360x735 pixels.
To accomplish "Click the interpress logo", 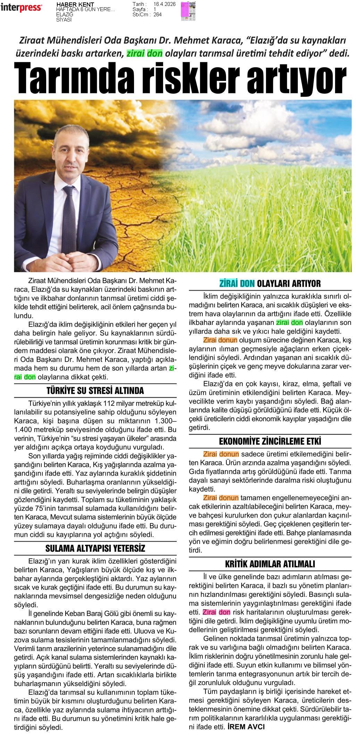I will (21, 8).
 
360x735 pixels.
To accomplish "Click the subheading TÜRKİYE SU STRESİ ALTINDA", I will (95, 391).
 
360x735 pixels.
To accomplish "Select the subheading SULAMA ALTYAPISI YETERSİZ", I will (95, 548).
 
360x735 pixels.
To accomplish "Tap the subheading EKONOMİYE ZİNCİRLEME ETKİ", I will (270, 441).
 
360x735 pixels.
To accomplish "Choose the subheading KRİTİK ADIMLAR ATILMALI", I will (270, 564).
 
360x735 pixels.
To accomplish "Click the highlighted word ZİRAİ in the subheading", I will (228, 284).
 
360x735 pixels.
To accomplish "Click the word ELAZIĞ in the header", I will (65, 15).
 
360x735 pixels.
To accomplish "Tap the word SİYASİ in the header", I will (64, 19).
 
